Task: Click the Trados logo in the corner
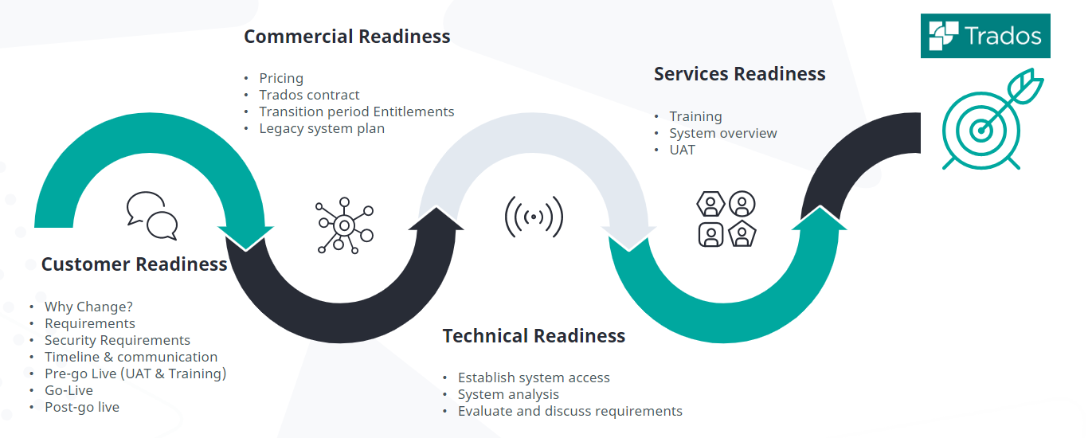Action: pyautogui.click(x=985, y=36)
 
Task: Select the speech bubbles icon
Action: pyautogui.click(x=151, y=216)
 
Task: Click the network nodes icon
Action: pyautogui.click(x=344, y=225)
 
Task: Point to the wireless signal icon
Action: pyautogui.click(x=534, y=216)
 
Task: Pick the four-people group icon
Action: pyautogui.click(x=726, y=219)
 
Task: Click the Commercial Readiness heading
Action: pyautogui.click(x=346, y=37)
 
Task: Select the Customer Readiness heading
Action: pyautogui.click(x=134, y=264)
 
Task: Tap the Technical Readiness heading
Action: pyautogui.click(x=534, y=336)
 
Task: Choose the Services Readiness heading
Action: pyautogui.click(x=739, y=74)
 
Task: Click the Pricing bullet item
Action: pyautogui.click(x=281, y=78)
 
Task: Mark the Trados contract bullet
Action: pyautogui.click(x=309, y=95)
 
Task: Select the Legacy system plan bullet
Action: pyautogui.click(x=322, y=128)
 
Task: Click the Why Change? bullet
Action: pyautogui.click(x=88, y=307)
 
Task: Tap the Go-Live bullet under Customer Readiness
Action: pyautogui.click(x=68, y=390)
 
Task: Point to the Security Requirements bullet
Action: pyautogui.click(x=117, y=340)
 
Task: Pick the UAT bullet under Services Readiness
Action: pyautogui.click(x=682, y=150)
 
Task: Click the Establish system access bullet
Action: pyautogui.click(x=534, y=377)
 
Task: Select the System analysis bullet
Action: pyautogui.click(x=508, y=394)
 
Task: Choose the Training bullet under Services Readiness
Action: pyautogui.click(x=695, y=116)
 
